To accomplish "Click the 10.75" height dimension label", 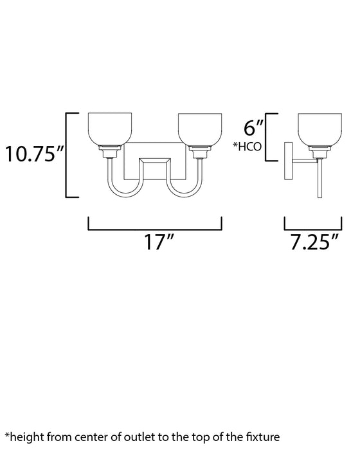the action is click(x=34, y=154).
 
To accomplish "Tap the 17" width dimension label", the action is click(x=159, y=242).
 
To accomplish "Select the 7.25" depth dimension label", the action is click(x=314, y=242).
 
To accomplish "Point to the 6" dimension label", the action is click(x=253, y=127).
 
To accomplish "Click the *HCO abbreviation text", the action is click(x=247, y=147).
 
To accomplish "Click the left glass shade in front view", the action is click(x=110, y=129).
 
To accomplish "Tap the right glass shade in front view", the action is click(x=200, y=129).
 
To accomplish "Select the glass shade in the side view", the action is click(x=319, y=129).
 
